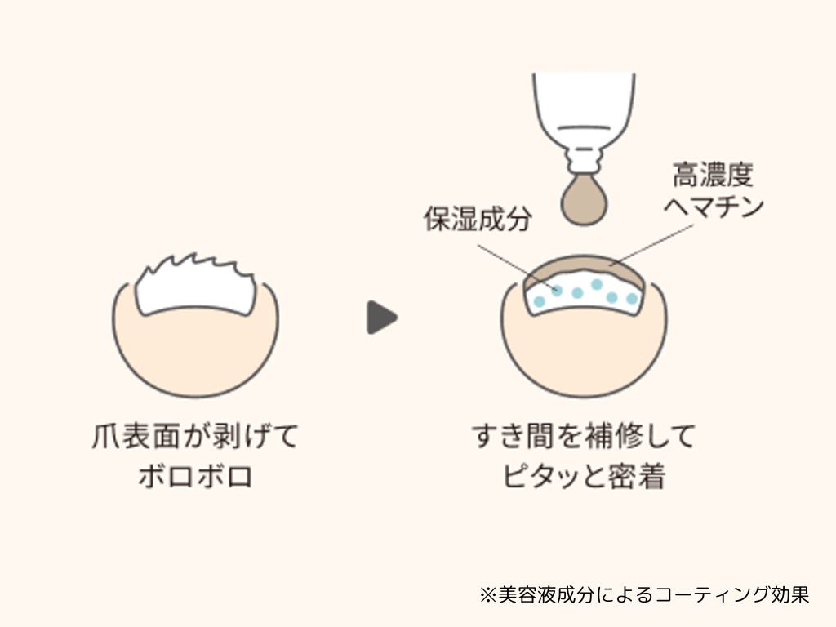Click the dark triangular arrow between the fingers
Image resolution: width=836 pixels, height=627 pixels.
(380, 318)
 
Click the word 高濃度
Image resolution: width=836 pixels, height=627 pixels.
(713, 174)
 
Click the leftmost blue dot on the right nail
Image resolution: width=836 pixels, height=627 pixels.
(539, 301)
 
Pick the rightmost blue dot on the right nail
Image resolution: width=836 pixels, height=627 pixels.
(631, 300)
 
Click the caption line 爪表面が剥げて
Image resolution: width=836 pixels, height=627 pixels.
(195, 437)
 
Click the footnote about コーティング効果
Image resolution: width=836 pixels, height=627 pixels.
(644, 594)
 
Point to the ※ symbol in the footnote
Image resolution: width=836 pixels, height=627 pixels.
(487, 594)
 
